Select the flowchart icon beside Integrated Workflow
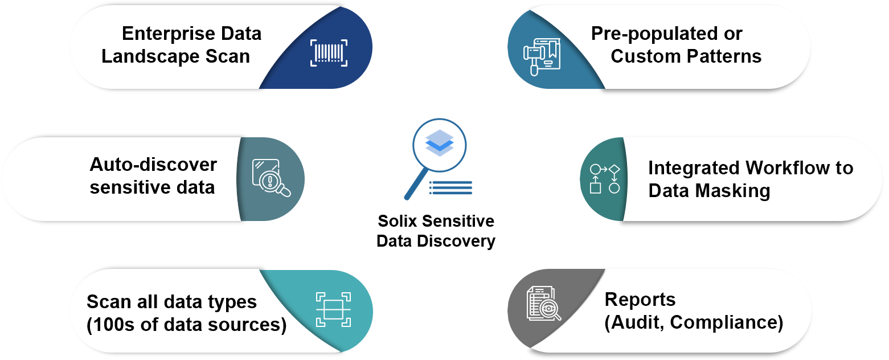point(604,179)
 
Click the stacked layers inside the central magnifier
point(440,143)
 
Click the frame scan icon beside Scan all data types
point(333,309)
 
